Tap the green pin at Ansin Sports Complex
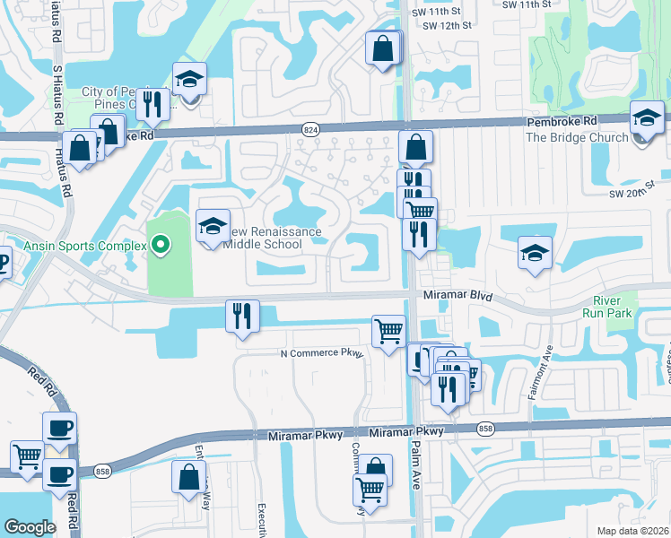click(x=161, y=243)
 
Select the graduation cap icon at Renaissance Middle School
click(x=213, y=228)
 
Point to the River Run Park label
click(x=613, y=307)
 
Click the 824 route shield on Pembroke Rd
click(x=309, y=129)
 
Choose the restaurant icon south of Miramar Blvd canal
click(x=242, y=316)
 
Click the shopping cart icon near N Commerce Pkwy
click(x=388, y=331)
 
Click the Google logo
click(x=30, y=526)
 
